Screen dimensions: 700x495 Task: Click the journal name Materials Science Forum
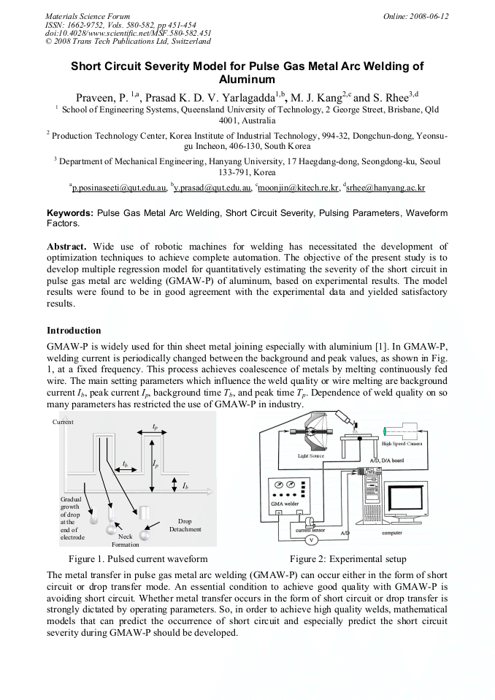pos(88,16)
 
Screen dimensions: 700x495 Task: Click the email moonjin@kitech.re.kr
pos(299,188)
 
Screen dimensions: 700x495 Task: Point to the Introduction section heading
pos(74,331)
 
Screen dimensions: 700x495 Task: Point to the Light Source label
pos(310,455)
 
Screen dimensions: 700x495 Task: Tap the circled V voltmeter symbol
pos(311,539)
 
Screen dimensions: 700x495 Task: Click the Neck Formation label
pos(125,540)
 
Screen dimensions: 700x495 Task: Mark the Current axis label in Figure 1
pos(63,423)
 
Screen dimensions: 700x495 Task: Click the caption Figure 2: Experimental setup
pos(348,559)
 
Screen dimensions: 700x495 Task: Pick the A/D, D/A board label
pos(386,461)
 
